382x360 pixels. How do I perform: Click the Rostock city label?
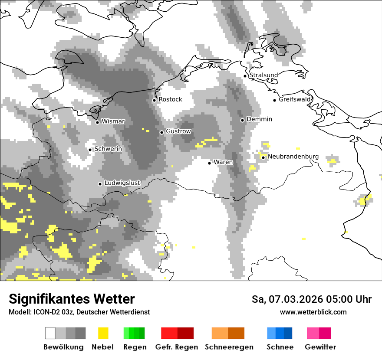click(170, 99)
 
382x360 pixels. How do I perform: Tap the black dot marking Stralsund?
click(245, 76)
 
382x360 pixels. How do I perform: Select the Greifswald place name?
click(295, 99)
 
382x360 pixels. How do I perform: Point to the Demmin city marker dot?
click(243, 120)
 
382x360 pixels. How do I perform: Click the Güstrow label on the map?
click(178, 131)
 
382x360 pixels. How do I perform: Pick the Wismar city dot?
click(97, 122)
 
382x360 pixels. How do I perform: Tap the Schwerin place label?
click(108, 149)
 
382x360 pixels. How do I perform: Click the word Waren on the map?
click(223, 162)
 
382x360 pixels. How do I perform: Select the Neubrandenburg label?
click(293, 157)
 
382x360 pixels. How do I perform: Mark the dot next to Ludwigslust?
click(100, 184)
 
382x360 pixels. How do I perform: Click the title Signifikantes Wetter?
click(72, 299)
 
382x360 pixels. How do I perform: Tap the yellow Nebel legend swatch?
click(103, 333)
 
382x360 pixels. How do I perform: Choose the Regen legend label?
click(134, 347)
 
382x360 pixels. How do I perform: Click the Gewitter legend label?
click(320, 347)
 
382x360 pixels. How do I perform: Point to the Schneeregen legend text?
click(229, 347)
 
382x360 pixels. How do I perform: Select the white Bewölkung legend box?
click(50, 333)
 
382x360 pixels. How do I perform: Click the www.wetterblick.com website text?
click(313, 312)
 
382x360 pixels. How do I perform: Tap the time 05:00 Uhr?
click(344, 299)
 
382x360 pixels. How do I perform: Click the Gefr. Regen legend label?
click(177, 347)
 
